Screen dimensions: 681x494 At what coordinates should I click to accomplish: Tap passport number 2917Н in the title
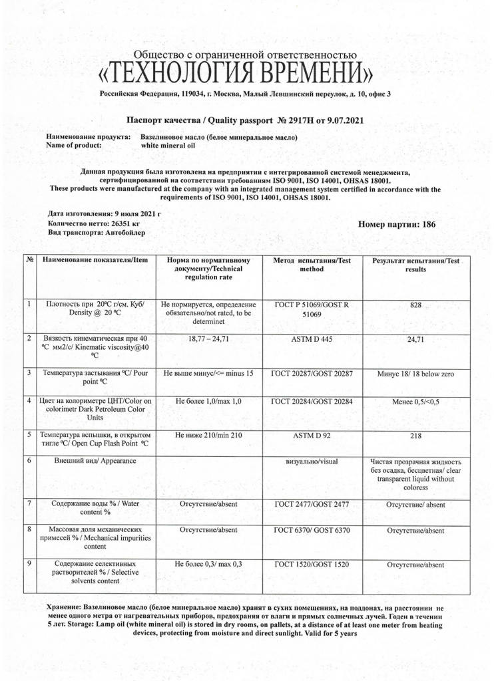pyautogui.click(x=302, y=121)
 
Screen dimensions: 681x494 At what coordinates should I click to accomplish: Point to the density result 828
pyautogui.click(x=416, y=305)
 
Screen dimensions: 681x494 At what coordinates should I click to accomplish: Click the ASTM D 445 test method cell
pyautogui.click(x=312, y=339)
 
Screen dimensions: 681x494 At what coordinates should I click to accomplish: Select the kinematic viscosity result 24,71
pyautogui.click(x=416, y=340)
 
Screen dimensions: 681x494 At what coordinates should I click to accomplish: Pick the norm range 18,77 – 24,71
pyautogui.click(x=208, y=339)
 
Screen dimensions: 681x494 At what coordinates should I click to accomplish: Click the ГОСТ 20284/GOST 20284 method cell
pyautogui.click(x=312, y=402)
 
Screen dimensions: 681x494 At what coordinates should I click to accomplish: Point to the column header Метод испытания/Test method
pyautogui.click(x=312, y=265)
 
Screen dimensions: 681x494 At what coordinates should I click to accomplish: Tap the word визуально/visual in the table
pyautogui.click(x=312, y=460)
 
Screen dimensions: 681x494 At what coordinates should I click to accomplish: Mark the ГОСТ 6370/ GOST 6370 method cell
pyautogui.click(x=312, y=530)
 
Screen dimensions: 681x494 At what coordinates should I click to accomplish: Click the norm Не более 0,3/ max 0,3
pyautogui.click(x=208, y=564)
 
